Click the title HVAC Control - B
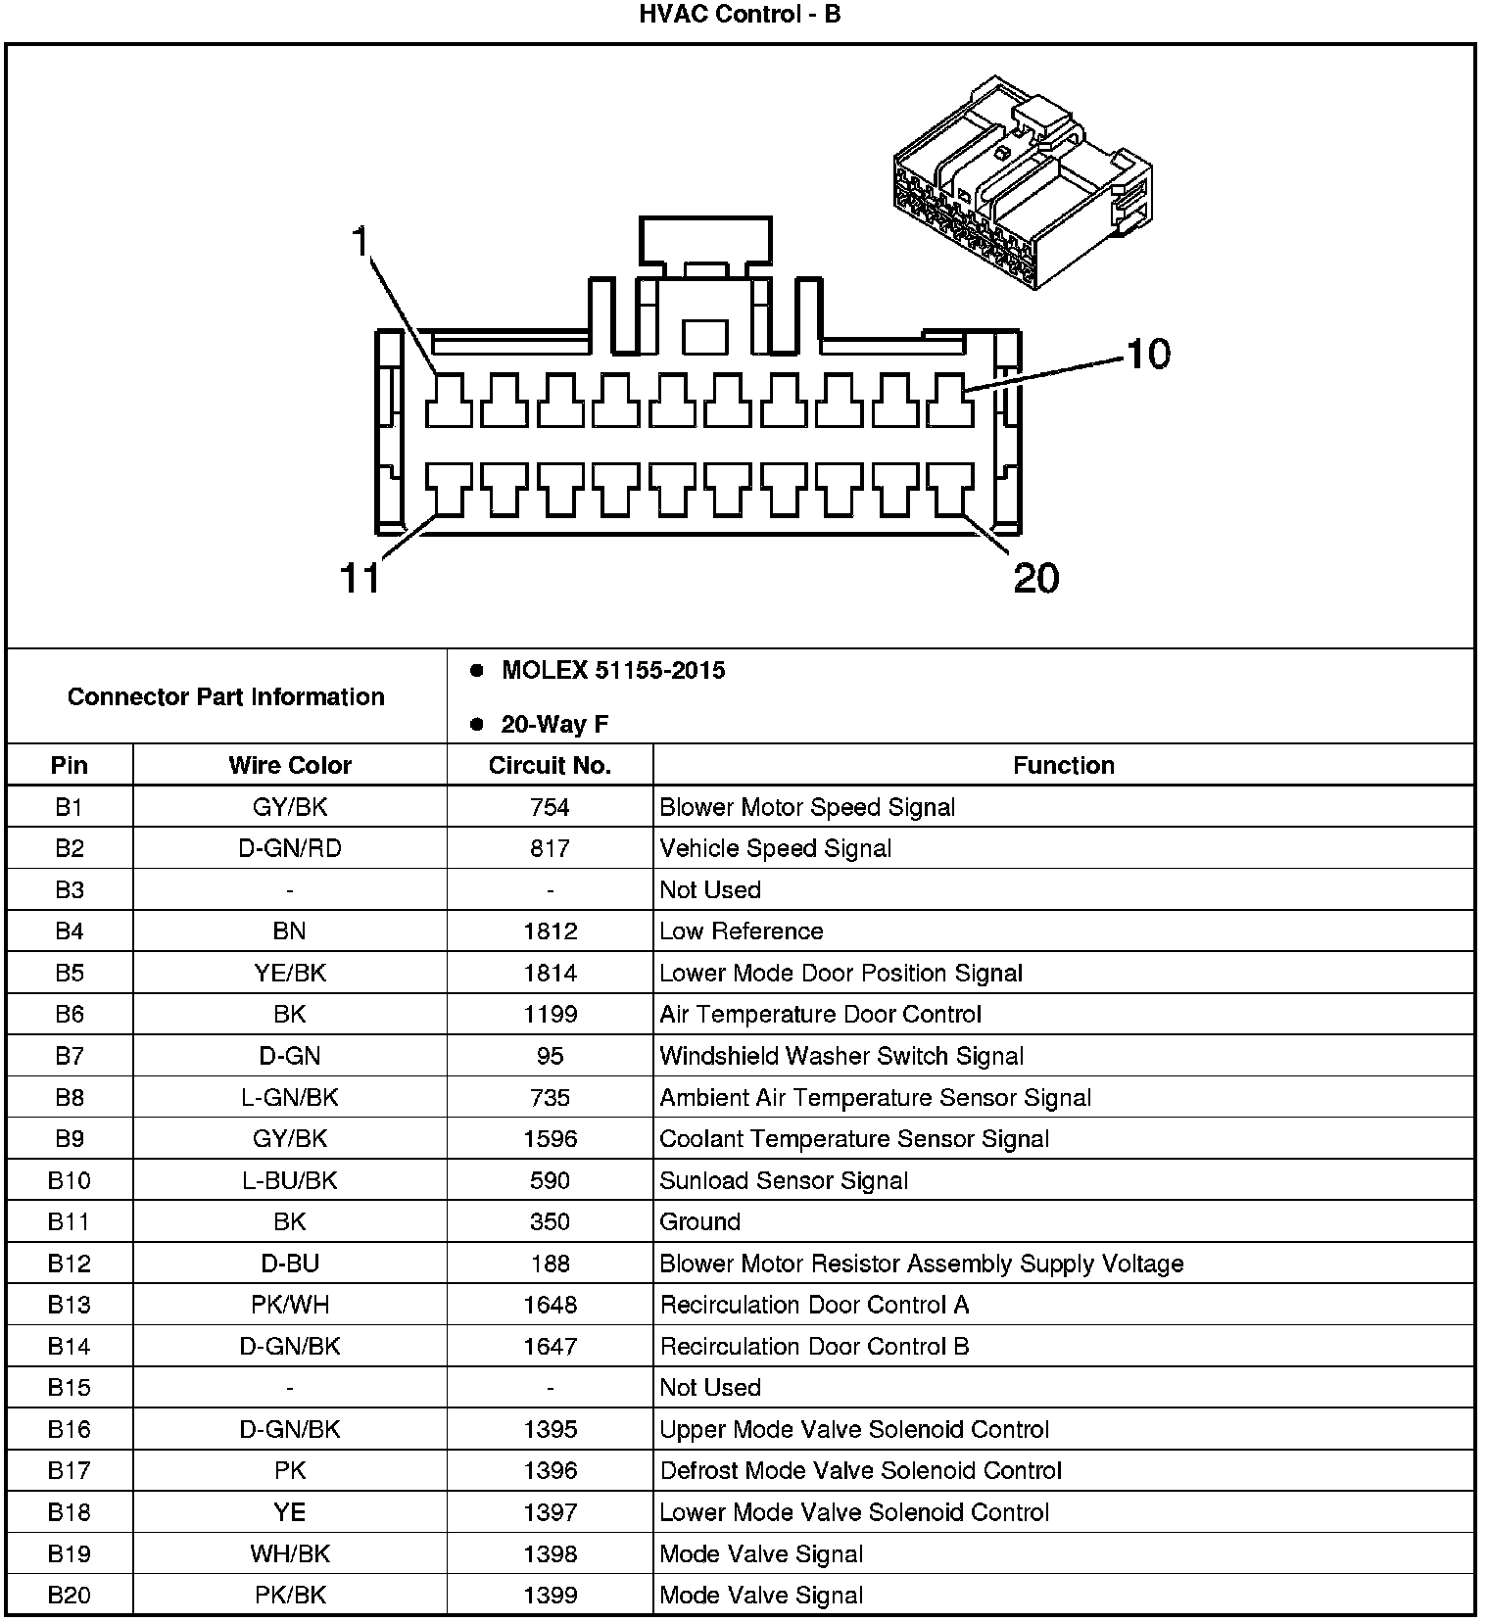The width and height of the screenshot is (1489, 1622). [740, 15]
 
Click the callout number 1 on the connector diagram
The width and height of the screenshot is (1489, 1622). [361, 241]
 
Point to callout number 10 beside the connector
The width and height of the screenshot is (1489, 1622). [1147, 355]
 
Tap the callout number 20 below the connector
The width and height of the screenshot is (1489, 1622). [1035, 578]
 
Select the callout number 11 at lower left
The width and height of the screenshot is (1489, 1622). [360, 578]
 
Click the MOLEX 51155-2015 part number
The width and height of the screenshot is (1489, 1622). [613, 671]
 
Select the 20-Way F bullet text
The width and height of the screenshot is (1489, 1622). [554, 724]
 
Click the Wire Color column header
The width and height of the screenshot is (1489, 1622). [290, 765]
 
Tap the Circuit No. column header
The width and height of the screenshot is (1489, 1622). [550, 765]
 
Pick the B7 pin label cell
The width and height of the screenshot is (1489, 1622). [70, 1056]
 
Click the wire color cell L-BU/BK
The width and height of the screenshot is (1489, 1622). [290, 1180]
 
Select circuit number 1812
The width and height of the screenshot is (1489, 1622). [550, 931]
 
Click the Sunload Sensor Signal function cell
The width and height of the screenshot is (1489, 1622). [784, 1180]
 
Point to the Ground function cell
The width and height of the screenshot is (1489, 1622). [699, 1222]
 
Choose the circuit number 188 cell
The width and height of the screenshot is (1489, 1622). [550, 1264]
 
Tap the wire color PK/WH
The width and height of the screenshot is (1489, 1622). [290, 1305]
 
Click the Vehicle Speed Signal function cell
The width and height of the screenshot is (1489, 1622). [775, 848]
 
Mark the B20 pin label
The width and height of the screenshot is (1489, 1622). [70, 1596]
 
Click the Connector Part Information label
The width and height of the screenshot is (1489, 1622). [226, 697]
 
